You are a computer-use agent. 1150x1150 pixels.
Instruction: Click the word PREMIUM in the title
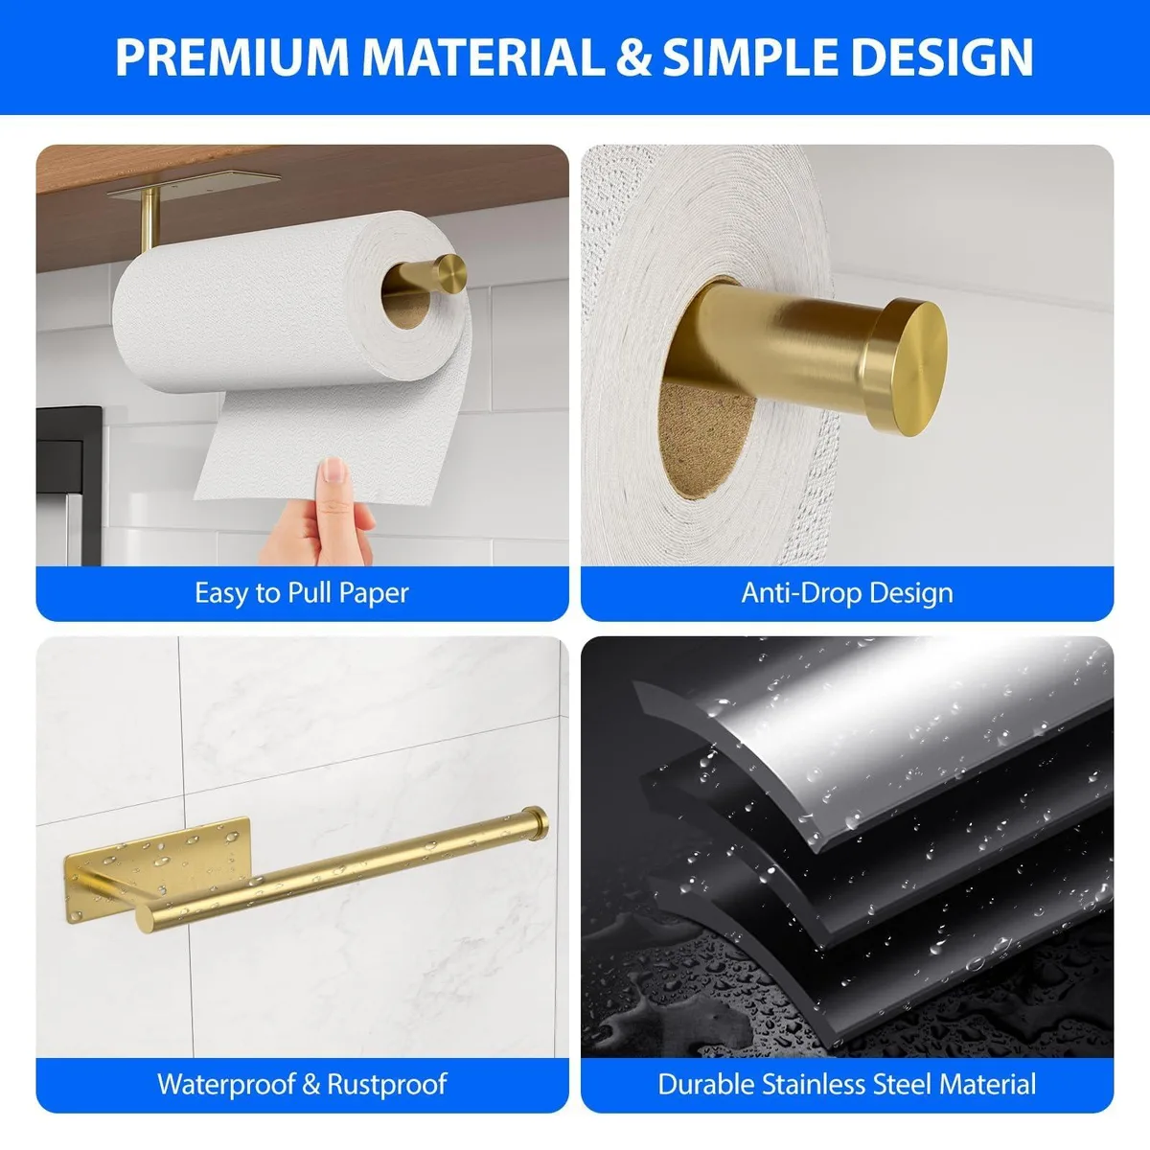[x=232, y=57]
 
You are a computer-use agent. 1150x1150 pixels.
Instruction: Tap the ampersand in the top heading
[x=632, y=57]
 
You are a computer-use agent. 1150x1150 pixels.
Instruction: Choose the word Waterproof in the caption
[x=227, y=1084]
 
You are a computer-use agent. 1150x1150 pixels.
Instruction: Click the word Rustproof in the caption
[x=387, y=1084]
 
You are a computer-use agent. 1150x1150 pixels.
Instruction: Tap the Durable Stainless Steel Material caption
[x=847, y=1084]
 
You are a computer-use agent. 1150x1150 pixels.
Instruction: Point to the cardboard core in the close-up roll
[x=704, y=439]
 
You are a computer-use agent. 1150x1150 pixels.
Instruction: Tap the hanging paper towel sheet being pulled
[x=334, y=442]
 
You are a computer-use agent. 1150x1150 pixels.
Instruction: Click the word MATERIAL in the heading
[x=483, y=57]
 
